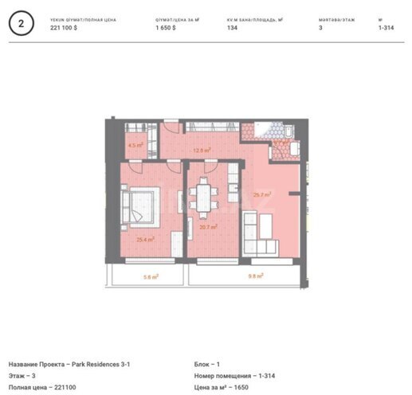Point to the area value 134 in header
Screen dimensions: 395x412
(x=232, y=27)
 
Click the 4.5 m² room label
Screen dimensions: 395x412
(x=135, y=146)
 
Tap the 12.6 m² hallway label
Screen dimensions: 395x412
(x=201, y=149)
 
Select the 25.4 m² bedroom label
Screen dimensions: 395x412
(x=144, y=237)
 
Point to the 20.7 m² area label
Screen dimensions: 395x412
(x=208, y=227)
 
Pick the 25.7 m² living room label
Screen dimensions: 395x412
(x=261, y=194)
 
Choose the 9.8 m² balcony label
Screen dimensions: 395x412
(x=255, y=276)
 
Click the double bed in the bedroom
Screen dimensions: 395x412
(x=141, y=204)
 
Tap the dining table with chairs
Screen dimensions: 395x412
(x=205, y=197)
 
